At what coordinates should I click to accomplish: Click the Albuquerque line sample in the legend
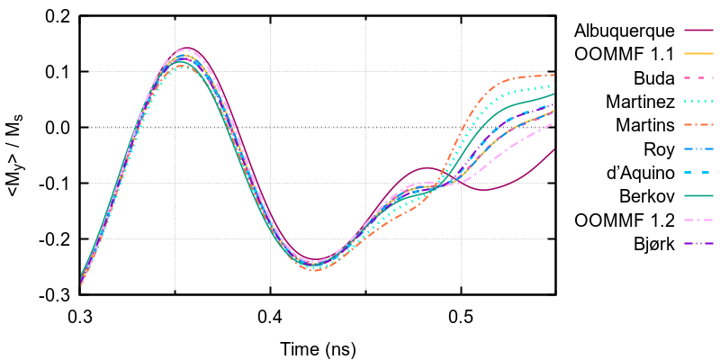click(x=697, y=31)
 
